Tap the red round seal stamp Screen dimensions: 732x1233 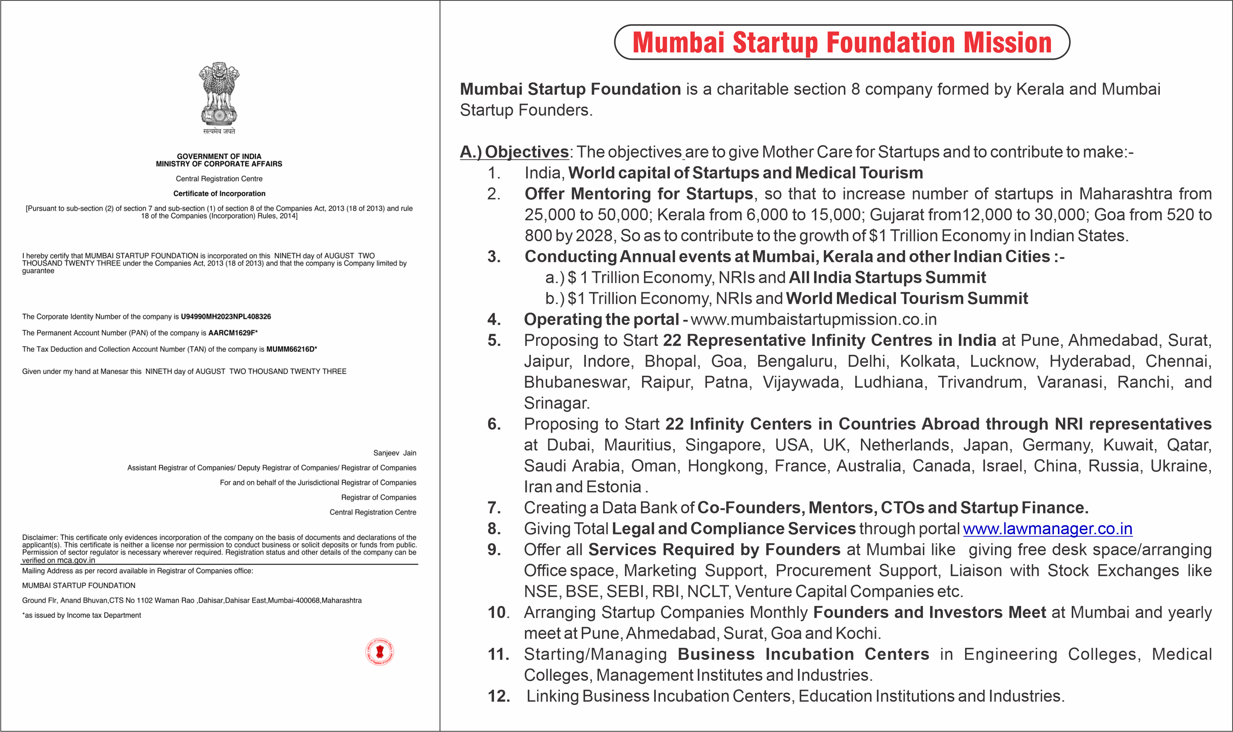coord(379,652)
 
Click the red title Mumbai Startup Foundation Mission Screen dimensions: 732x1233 coord(842,43)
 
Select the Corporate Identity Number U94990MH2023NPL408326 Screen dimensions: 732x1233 coord(226,317)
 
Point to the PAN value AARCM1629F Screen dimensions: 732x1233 coord(232,333)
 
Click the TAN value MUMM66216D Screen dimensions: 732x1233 coord(290,349)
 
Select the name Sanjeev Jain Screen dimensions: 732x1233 coord(395,453)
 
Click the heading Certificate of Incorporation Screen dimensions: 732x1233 coord(219,193)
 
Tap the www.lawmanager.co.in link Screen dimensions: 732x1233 coord(1048,529)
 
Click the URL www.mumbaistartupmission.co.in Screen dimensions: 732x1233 coord(813,320)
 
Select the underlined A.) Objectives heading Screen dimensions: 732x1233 coord(514,152)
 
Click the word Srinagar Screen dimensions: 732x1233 coord(556,403)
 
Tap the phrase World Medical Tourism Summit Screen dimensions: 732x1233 coord(906,298)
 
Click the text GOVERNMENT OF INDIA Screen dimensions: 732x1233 coord(219,156)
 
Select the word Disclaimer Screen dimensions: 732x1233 coord(40,537)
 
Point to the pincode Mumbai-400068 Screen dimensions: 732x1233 coord(293,600)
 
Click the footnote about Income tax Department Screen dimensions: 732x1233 coord(82,615)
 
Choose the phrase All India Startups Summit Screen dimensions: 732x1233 coord(887,278)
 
